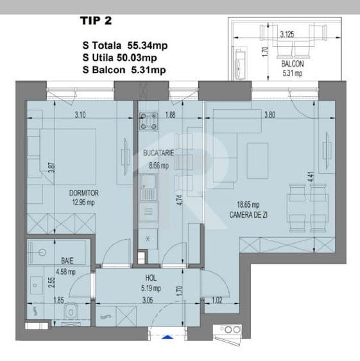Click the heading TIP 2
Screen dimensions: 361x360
click(96, 20)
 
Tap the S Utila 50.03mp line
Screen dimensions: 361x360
click(124, 58)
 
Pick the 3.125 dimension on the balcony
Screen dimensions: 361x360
click(287, 35)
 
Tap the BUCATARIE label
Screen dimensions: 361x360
click(157, 154)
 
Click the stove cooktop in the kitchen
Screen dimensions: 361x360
click(150, 121)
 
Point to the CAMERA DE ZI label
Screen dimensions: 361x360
click(249, 215)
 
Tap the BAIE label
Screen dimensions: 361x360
click(67, 261)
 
